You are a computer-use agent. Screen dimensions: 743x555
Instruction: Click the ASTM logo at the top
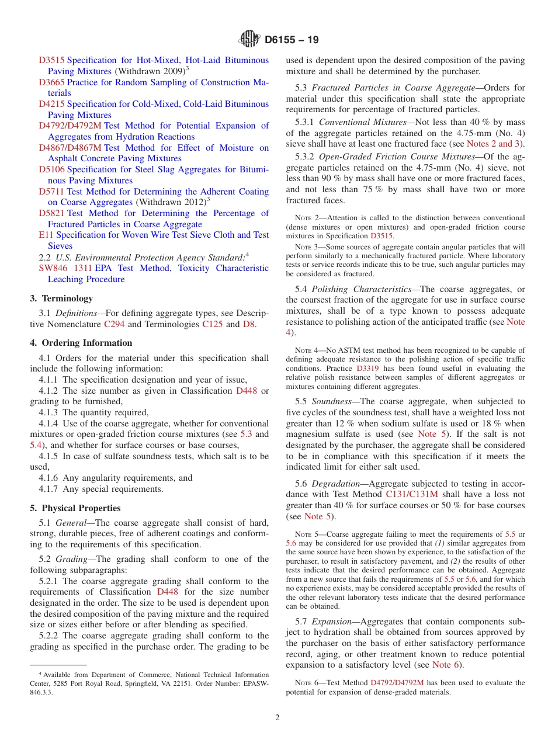(x=249, y=40)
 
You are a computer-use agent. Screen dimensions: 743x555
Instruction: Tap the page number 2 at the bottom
(x=277, y=718)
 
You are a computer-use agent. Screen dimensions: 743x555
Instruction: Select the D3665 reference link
(x=51, y=82)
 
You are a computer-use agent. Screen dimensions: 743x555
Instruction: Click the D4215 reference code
(x=51, y=104)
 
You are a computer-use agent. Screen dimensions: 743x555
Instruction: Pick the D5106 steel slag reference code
(x=51, y=169)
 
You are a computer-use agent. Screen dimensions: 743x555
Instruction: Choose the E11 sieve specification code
(x=46, y=235)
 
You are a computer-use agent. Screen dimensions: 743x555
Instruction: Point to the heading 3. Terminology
(x=61, y=298)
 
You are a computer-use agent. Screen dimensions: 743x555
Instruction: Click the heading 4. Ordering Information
(x=81, y=343)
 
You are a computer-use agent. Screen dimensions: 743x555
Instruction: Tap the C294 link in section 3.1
(x=114, y=324)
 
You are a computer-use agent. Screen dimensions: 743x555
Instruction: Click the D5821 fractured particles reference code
(x=51, y=213)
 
